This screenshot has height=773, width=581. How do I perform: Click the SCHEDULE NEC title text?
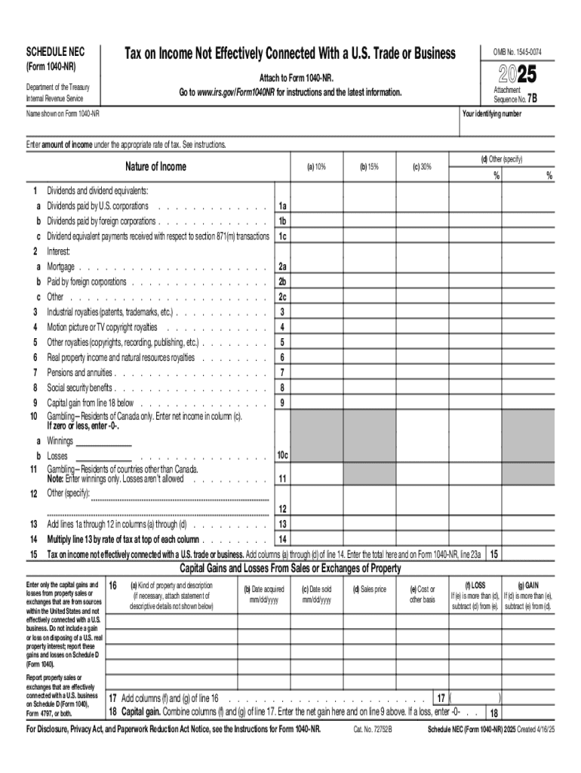[x=56, y=52]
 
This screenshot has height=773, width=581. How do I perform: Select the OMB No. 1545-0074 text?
[x=518, y=52]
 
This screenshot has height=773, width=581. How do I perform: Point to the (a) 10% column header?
[x=316, y=167]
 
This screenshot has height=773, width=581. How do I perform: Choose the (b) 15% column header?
[x=369, y=167]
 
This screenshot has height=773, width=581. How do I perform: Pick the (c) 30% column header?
[x=422, y=167]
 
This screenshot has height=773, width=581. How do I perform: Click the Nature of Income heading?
[x=156, y=167]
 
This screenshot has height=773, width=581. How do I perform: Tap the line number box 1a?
[x=282, y=206]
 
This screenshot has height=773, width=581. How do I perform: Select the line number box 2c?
[x=282, y=297]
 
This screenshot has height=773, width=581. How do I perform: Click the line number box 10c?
[x=282, y=456]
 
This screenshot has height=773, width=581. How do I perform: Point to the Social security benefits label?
[x=80, y=387]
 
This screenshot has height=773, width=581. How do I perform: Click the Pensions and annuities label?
[x=80, y=372]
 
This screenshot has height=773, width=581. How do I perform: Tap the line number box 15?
[x=494, y=554]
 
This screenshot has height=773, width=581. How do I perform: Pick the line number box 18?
[x=494, y=713]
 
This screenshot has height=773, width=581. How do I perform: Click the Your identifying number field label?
[x=491, y=114]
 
